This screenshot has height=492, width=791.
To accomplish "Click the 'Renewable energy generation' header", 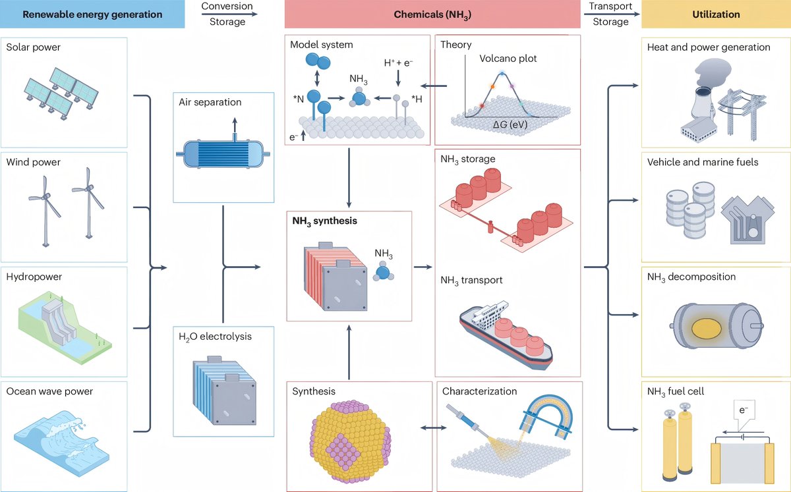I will [92, 14].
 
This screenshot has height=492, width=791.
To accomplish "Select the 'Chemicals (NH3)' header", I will [428, 14].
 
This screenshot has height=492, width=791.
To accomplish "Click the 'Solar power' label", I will [33, 47].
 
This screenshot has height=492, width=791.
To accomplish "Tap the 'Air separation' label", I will [210, 102].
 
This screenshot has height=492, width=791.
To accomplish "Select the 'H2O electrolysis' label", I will [215, 337].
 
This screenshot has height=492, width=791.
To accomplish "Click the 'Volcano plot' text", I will [508, 59].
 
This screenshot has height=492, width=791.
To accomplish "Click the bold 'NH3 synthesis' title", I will [324, 221].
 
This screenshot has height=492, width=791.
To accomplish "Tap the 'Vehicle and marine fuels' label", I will [703, 162].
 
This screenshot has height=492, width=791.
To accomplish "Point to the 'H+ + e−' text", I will [399, 63].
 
